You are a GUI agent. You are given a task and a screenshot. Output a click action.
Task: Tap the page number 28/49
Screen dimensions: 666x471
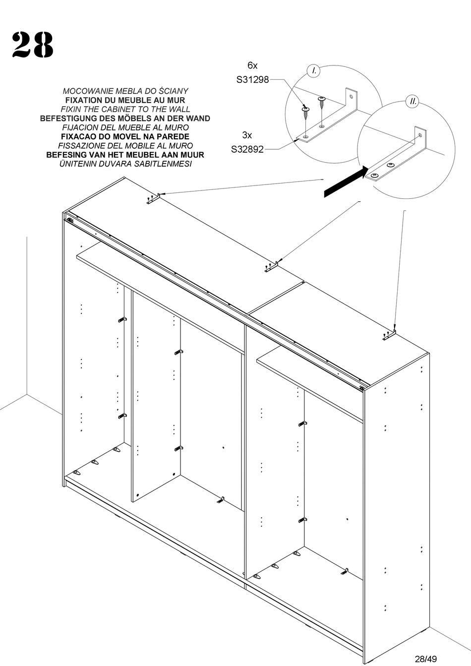click(x=425, y=659)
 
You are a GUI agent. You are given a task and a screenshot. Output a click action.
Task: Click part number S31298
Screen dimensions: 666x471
click(x=252, y=79)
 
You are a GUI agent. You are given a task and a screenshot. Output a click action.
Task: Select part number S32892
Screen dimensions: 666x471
click(x=247, y=148)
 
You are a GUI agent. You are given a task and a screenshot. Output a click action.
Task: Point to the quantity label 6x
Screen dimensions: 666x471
click(x=252, y=65)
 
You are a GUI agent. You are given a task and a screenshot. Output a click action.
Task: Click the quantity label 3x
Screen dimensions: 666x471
click(x=247, y=135)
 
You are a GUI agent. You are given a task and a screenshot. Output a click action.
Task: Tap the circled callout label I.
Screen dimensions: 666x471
click(x=313, y=71)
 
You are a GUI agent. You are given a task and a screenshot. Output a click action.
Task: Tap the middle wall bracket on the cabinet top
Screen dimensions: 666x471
click(x=272, y=267)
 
